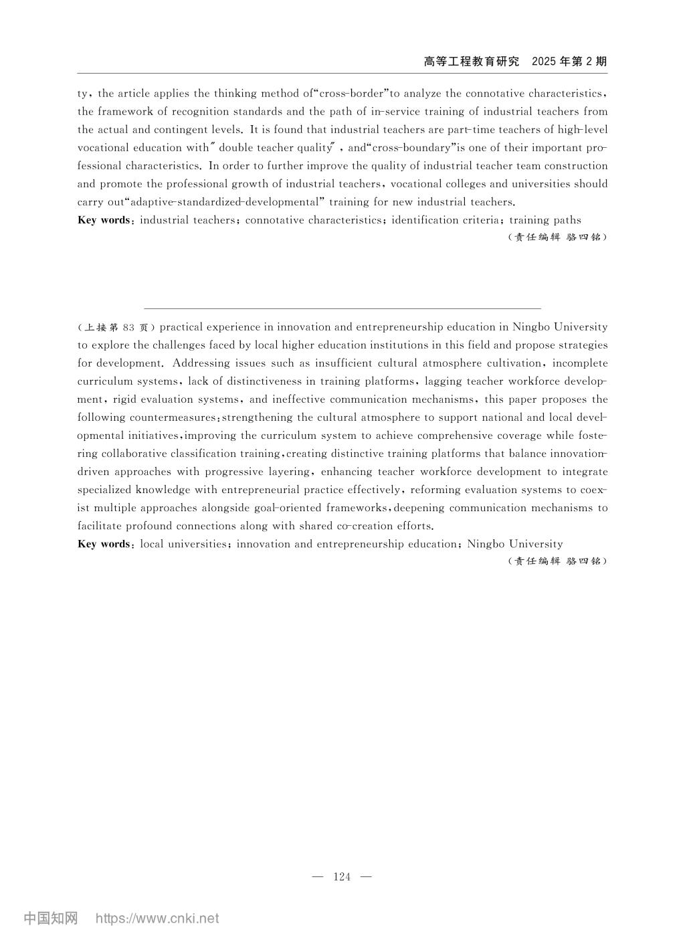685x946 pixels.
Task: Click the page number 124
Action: point(341,877)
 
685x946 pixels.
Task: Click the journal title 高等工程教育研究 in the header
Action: point(472,62)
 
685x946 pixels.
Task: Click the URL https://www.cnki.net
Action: point(157,918)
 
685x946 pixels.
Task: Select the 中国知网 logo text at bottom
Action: point(51,918)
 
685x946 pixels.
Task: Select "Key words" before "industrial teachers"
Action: point(104,220)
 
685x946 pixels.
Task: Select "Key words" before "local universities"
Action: point(104,544)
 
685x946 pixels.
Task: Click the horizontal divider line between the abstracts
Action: point(342,308)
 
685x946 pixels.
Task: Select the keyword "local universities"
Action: point(183,544)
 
